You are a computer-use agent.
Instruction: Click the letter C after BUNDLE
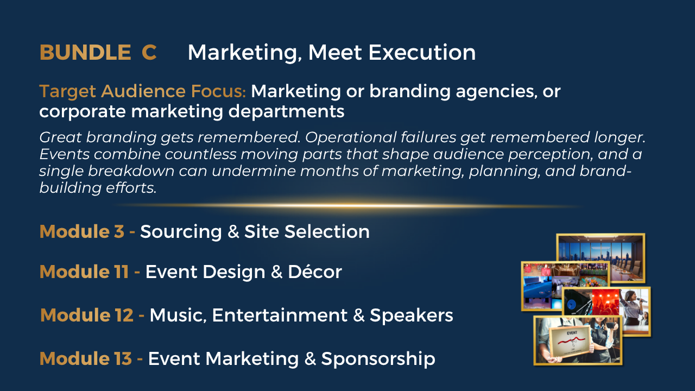point(149,52)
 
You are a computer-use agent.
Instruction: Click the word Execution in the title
point(422,52)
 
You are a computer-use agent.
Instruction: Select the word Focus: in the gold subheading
point(218,91)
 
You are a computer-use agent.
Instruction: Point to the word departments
point(286,112)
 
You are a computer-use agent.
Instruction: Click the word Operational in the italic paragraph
point(351,137)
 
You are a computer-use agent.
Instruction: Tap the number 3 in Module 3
point(119,231)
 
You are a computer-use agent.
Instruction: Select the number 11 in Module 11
point(121,272)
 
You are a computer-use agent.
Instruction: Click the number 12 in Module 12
point(124,316)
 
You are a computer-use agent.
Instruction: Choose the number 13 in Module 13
point(123,359)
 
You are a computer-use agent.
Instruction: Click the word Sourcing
point(181,232)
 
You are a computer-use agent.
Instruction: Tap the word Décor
point(314,272)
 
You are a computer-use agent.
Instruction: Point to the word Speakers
point(412,316)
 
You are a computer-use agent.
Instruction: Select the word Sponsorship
point(378,360)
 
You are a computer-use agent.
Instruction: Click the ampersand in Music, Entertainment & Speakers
point(359,316)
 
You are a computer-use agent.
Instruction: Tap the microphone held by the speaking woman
point(642,300)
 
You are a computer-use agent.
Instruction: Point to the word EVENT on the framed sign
point(572,333)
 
